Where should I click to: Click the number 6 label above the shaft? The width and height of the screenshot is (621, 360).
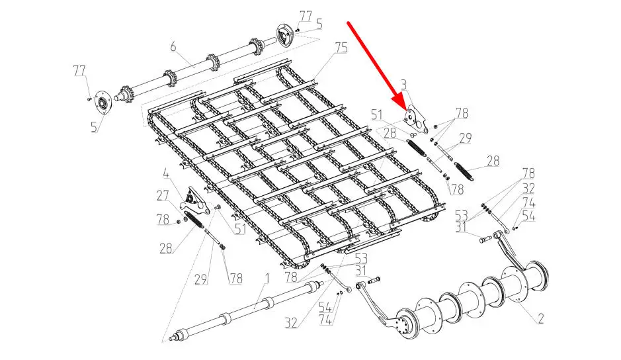173,47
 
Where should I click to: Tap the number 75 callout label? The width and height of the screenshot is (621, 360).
341,48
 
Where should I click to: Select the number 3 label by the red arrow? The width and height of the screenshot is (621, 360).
404,85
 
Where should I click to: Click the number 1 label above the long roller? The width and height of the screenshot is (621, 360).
267,279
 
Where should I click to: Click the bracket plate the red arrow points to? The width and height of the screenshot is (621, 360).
415,119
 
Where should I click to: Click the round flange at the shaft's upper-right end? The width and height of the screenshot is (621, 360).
284,36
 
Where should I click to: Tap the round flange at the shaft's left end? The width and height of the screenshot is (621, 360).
104,104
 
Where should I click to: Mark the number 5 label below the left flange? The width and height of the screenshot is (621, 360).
94,127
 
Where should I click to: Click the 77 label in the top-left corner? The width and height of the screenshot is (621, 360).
79,71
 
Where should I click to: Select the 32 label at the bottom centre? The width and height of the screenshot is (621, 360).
291,323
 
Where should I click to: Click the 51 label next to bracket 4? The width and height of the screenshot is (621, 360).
239,229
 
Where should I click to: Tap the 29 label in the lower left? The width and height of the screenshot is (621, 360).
201,279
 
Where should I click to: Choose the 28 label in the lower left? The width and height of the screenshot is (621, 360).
166,248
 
